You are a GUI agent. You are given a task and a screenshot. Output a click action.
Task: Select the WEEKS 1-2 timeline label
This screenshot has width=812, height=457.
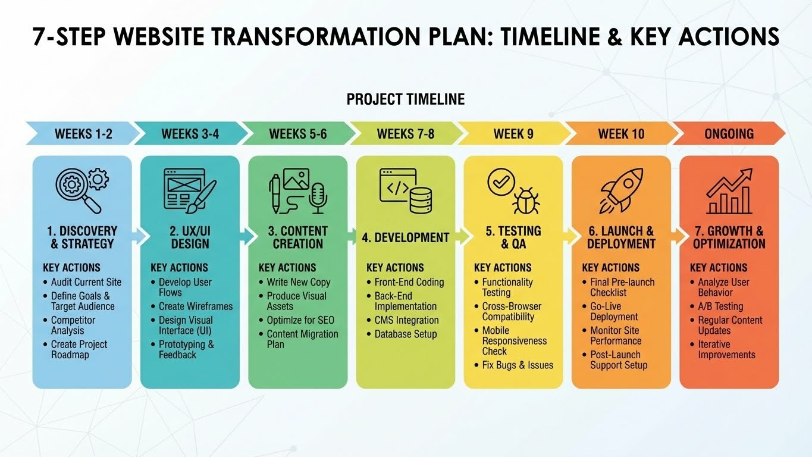tap(83, 134)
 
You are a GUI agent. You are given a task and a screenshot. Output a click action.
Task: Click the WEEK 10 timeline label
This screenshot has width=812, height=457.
tap(621, 134)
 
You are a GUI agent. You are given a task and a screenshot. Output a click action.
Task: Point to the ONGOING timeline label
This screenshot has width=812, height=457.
tap(729, 134)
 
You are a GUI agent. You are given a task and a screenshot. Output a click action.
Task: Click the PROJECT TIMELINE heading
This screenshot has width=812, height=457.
tap(406, 99)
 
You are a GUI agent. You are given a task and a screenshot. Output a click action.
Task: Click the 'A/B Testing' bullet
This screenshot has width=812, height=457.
tap(720, 306)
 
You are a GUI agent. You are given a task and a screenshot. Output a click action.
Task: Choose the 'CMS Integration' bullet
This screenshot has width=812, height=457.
tap(406, 320)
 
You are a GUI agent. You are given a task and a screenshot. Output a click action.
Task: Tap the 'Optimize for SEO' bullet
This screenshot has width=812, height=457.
tap(300, 320)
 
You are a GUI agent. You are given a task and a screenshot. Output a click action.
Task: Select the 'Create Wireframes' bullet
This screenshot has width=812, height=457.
tap(195, 306)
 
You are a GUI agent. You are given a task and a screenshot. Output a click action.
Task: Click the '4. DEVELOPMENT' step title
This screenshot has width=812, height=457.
tap(406, 237)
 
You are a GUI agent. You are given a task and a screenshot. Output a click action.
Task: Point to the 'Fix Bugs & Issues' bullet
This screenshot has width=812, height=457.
tap(518, 365)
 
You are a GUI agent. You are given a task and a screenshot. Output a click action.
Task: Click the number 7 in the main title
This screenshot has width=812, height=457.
tap(40, 37)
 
